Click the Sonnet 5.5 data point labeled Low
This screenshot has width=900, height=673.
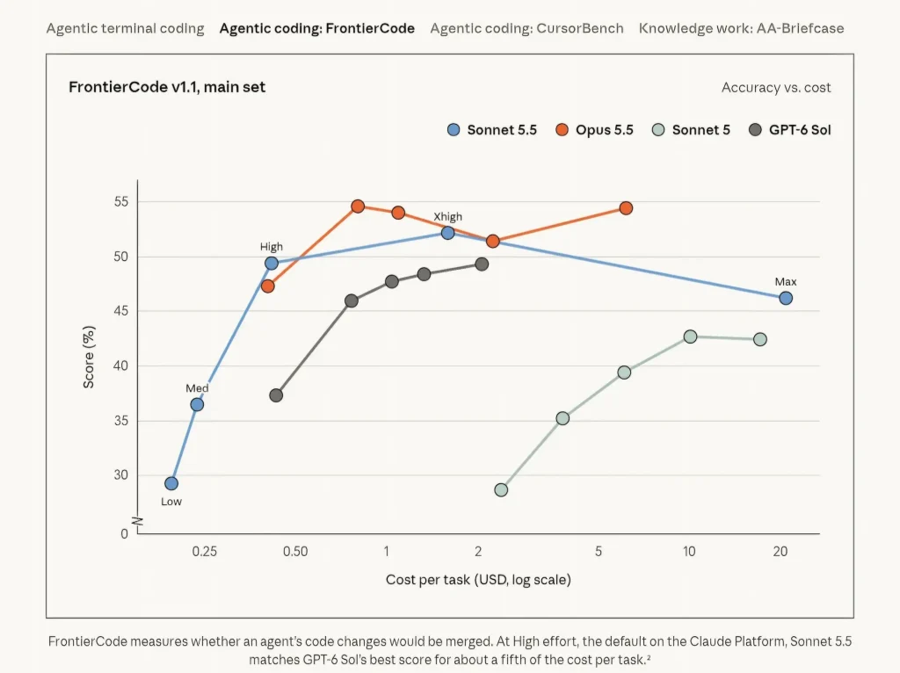[171, 484]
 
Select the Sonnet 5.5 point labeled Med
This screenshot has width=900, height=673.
[197, 404]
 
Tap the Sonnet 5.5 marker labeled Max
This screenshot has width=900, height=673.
[786, 299]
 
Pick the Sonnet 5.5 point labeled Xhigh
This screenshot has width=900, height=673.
[447, 233]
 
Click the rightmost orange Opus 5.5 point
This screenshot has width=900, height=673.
[626, 208]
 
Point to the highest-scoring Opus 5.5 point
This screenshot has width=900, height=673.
[358, 206]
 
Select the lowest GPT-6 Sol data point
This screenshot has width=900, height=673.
[276, 395]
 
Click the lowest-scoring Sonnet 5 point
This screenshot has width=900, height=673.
[501, 490]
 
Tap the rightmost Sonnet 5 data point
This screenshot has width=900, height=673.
[760, 340]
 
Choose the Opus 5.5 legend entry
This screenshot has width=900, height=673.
[595, 130]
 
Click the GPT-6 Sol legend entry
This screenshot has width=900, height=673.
[790, 130]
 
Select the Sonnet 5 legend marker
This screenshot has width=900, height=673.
[658, 130]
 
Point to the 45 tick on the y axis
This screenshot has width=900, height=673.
[121, 311]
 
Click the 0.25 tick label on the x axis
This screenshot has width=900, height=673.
[204, 552]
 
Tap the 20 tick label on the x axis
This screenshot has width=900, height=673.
[780, 552]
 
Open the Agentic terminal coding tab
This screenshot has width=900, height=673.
[125, 29]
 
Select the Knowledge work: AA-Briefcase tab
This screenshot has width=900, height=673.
[741, 29]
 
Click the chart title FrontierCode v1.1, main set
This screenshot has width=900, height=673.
[167, 87]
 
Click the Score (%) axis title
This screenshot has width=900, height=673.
[89, 357]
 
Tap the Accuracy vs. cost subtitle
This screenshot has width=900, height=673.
[776, 88]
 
